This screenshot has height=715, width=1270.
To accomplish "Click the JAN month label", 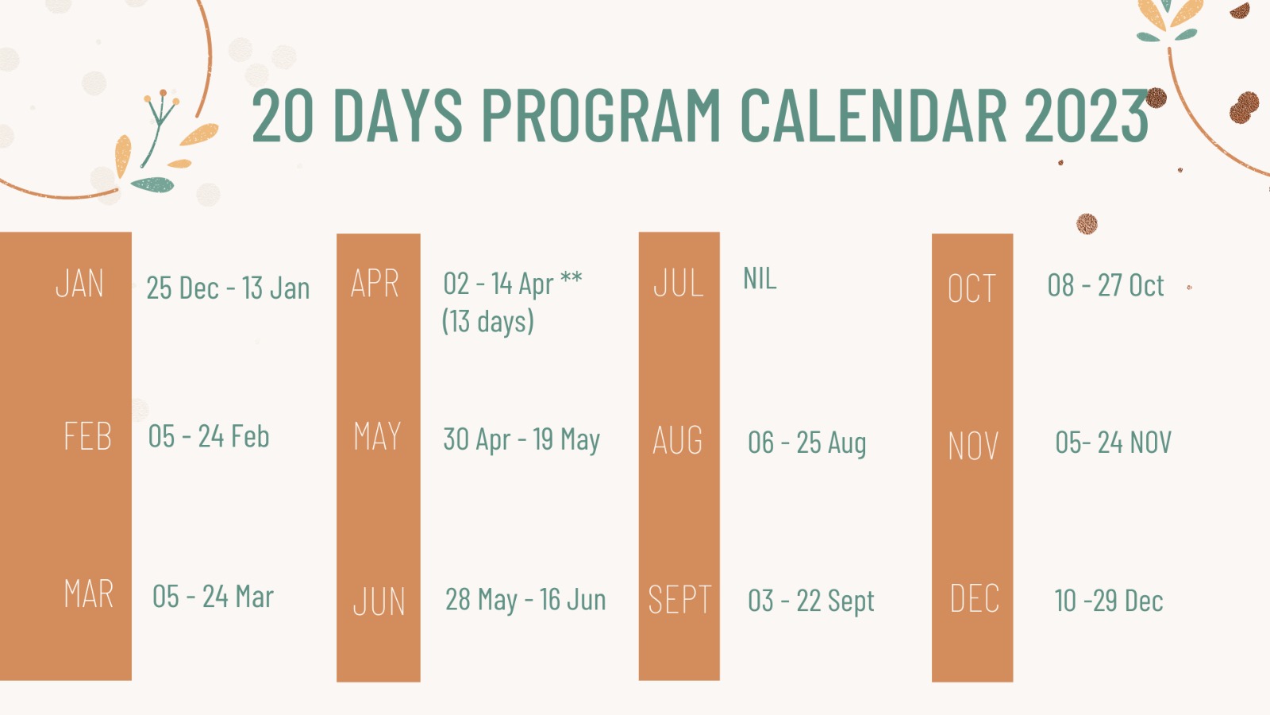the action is (80, 284).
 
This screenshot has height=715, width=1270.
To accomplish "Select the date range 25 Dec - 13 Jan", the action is (228, 288).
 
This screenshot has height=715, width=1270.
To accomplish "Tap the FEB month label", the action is (88, 436).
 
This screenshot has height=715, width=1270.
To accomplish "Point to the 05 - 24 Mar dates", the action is (214, 597).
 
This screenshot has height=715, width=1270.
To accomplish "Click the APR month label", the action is (375, 283).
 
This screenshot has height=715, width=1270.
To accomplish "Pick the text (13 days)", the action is (488, 321).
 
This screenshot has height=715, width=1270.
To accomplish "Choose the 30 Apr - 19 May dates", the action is (521, 440).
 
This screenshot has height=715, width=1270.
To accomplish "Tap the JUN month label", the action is (379, 601).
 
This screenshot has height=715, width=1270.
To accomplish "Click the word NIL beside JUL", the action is (760, 279).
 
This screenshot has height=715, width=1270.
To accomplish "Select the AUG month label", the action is (678, 440).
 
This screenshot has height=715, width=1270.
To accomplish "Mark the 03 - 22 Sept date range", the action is (810, 601).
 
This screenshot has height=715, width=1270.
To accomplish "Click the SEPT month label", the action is (679, 599).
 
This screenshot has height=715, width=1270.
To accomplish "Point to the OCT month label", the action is (972, 289).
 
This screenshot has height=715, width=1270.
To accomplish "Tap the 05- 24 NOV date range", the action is (1113, 443).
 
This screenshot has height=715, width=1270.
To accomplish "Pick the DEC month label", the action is (975, 598).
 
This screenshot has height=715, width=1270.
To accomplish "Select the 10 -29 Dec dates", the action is (1108, 601).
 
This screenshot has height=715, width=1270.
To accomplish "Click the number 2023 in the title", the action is (1087, 114).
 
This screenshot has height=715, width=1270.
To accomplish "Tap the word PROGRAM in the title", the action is (601, 114).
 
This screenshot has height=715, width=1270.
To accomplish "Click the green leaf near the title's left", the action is (152, 185).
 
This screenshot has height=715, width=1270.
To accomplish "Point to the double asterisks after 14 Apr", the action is (571, 277).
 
